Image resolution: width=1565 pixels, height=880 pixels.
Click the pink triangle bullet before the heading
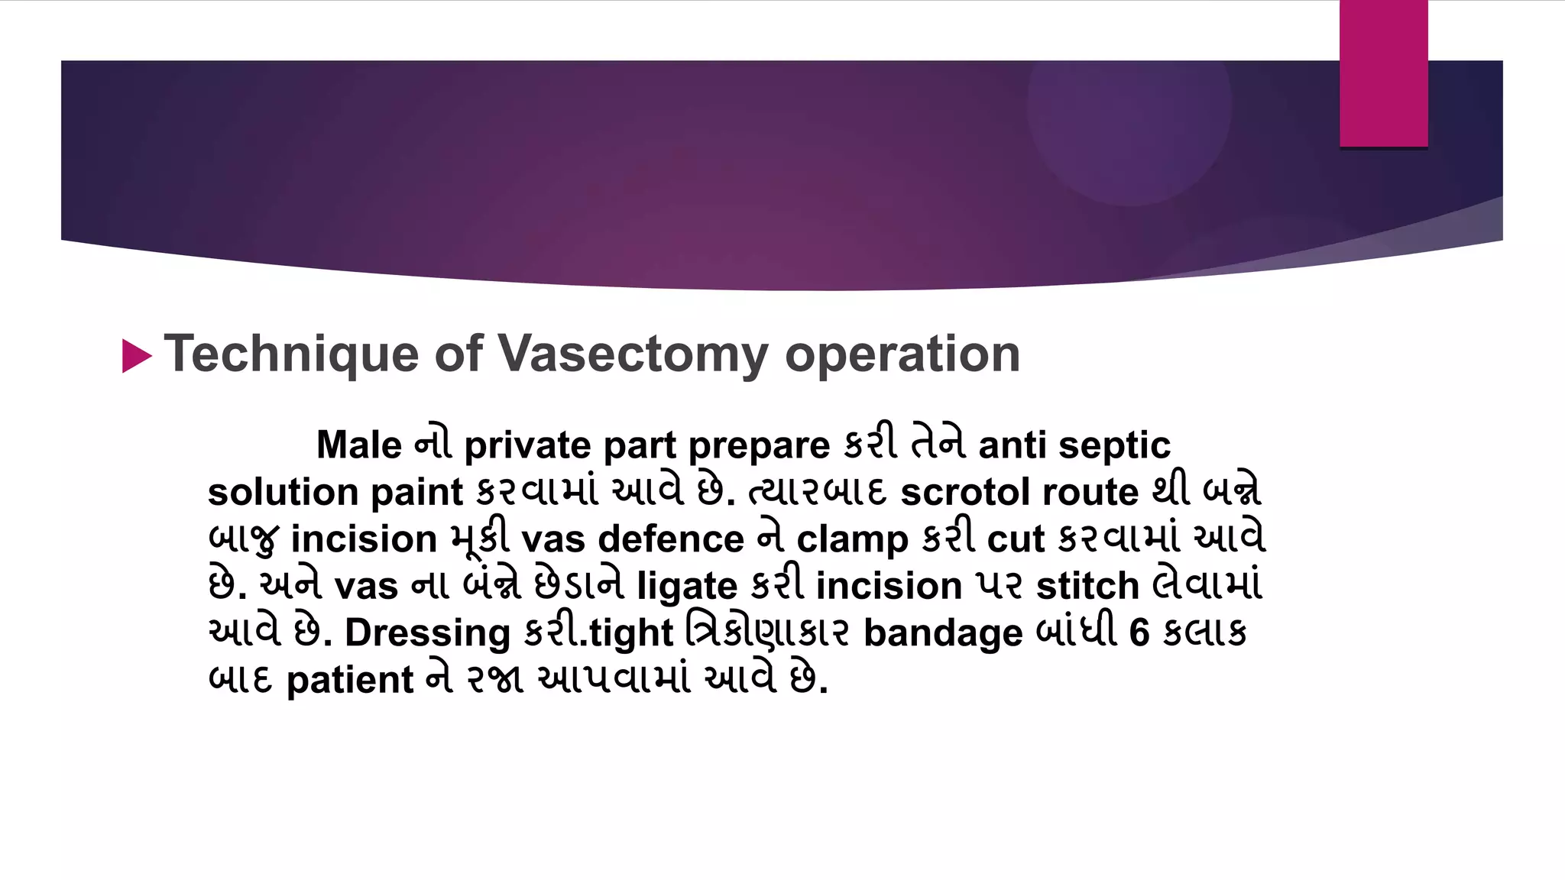click(x=137, y=356)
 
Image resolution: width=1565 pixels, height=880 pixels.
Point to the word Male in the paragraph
click(x=358, y=445)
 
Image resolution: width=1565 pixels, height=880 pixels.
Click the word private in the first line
click(x=527, y=446)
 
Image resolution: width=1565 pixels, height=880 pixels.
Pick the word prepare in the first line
click(x=759, y=446)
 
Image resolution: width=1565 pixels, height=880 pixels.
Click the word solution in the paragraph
click(x=283, y=492)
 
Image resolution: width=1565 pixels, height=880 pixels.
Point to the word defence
click(x=671, y=539)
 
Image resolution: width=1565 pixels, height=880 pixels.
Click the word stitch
click(x=1087, y=586)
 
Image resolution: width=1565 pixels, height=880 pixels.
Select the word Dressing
click(x=427, y=634)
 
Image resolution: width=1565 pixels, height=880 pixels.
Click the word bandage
click(x=943, y=634)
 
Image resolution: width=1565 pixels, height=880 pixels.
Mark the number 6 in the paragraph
click(x=1139, y=632)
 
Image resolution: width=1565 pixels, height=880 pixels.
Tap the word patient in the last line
click(x=349, y=680)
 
